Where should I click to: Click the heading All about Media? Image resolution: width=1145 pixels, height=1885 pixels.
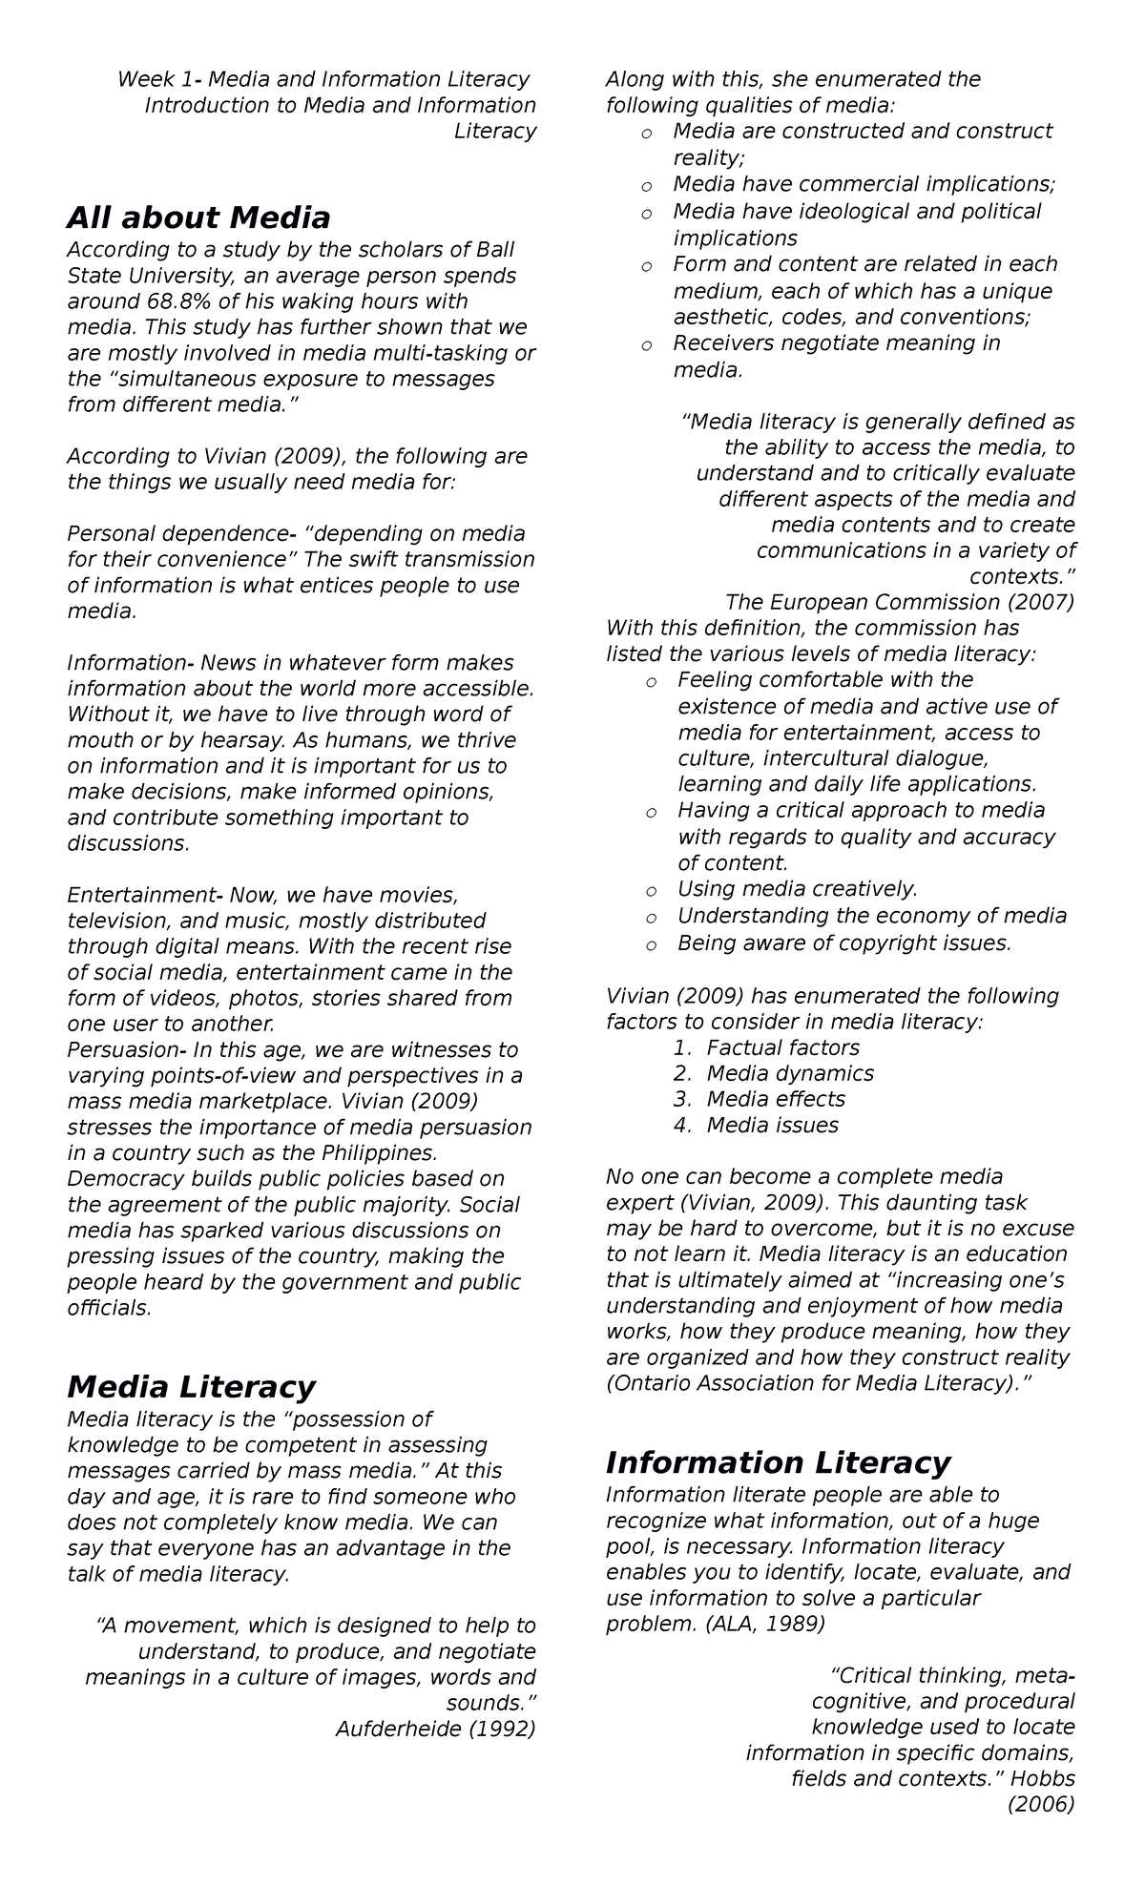198,218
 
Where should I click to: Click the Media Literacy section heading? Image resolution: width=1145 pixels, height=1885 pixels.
190,1386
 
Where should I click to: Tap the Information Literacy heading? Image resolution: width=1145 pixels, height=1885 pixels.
778,1462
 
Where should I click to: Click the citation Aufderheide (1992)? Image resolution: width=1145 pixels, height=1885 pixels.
435,1729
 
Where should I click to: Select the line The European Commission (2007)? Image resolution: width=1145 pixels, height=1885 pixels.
899,602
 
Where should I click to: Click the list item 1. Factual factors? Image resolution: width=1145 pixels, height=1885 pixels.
766,1047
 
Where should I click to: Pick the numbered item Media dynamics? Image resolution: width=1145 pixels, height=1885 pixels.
789,1073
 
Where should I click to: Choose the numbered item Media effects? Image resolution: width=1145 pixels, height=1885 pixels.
775,1099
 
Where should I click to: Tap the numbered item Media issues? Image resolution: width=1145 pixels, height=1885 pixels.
772,1125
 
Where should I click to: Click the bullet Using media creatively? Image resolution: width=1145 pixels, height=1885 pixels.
797,889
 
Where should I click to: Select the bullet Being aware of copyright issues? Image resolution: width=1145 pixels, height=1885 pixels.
843,943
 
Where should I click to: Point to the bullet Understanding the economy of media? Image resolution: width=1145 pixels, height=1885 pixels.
871,916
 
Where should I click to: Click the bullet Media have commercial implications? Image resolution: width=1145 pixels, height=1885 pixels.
864,184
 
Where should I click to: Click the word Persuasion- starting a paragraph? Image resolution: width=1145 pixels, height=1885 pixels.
126,1050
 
